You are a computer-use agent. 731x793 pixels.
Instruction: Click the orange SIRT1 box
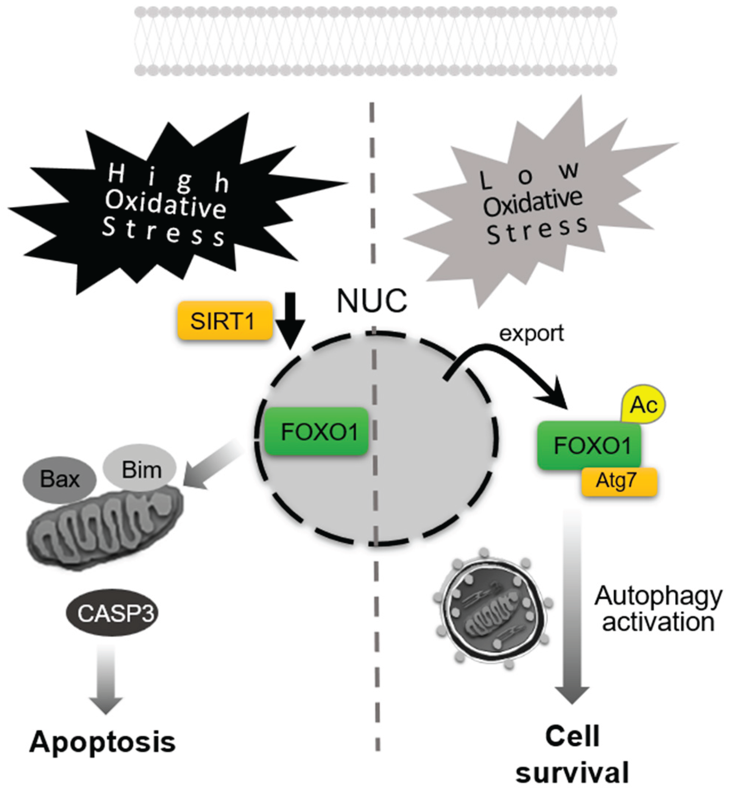tap(225, 320)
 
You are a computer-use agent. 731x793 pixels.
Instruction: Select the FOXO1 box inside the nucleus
tap(316, 431)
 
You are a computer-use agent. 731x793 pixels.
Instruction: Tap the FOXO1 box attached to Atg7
tap(589, 446)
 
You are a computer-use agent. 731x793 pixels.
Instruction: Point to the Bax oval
tap(59, 479)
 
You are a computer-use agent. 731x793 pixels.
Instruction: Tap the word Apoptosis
tap(102, 742)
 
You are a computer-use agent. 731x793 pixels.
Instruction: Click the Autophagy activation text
tap(658, 609)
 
